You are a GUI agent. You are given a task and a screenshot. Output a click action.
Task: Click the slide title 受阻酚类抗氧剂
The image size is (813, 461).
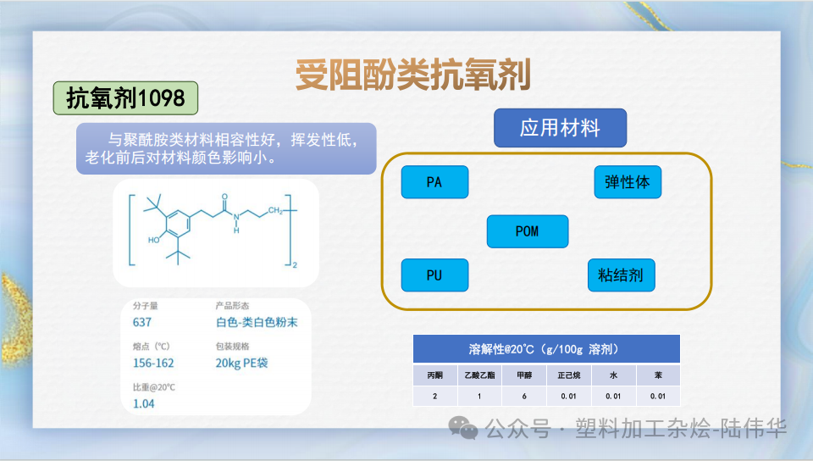coord(412,75)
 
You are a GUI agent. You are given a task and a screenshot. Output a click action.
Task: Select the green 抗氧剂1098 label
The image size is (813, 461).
coord(125,99)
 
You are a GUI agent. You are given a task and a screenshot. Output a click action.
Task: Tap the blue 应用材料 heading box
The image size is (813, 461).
coord(560,128)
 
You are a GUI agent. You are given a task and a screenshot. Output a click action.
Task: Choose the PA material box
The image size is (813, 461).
coord(434,181)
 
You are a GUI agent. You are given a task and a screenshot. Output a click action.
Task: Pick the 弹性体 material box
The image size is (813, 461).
coord(628,181)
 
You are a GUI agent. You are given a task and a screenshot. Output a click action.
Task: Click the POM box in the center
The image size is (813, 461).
coord(527,231)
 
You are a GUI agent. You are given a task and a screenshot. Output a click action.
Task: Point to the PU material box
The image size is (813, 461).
coord(434,275)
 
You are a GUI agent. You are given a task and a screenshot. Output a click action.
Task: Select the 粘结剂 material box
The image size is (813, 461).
coord(621,275)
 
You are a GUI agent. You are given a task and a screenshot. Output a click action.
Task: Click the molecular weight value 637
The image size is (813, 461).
coord(142,322)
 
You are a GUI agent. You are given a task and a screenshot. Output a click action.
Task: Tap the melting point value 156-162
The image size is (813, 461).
coord(153,363)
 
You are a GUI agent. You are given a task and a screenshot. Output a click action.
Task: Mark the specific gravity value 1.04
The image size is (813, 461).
coord(144,403)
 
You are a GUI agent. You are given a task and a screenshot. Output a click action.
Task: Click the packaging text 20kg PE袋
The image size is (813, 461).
coord(241,363)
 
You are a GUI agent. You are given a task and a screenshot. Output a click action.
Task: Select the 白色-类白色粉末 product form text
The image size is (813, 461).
coord(257,322)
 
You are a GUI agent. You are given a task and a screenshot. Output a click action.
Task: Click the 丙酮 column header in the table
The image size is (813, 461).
coord(434,374)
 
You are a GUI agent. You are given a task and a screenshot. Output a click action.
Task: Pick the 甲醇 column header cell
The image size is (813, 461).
coord(524,374)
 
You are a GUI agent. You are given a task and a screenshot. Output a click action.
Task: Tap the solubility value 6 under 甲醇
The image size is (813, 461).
coord(524,396)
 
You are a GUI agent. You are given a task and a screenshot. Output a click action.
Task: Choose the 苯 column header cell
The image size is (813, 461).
coord(658,374)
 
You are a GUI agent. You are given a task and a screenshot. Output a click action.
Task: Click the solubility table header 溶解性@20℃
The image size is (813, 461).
coord(546,349)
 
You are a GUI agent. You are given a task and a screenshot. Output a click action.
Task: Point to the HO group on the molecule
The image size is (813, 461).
coord(154,240)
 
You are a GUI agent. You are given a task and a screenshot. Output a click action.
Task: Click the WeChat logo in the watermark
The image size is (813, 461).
coord(463,429)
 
